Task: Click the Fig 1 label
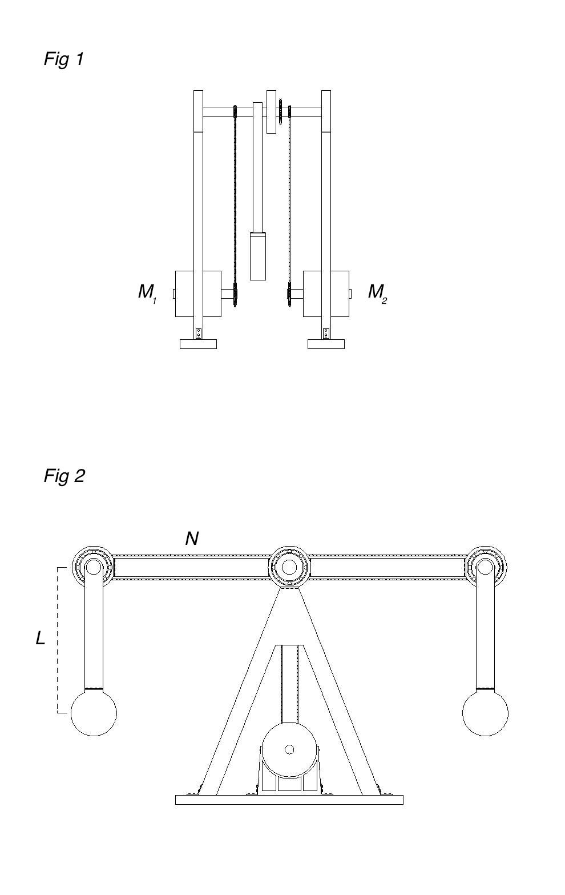(x=64, y=59)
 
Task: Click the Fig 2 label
(x=64, y=476)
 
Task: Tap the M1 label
(x=147, y=293)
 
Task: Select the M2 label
(x=377, y=293)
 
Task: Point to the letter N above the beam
(x=192, y=539)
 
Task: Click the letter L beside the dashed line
(x=41, y=639)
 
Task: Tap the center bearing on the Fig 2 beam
(x=289, y=567)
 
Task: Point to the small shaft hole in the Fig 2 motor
(x=289, y=749)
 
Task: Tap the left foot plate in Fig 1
(x=198, y=344)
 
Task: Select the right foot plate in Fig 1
(x=326, y=344)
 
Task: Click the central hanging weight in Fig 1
(x=257, y=256)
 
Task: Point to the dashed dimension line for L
(x=58, y=640)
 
